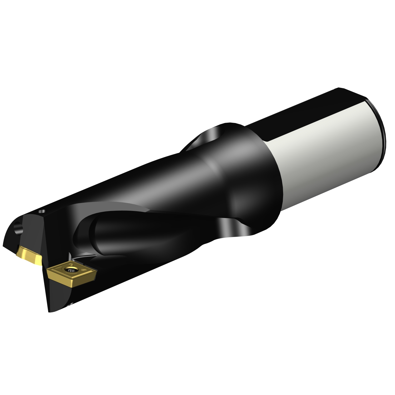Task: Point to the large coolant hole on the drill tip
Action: [19, 227]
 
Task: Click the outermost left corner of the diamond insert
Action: [47, 269]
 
